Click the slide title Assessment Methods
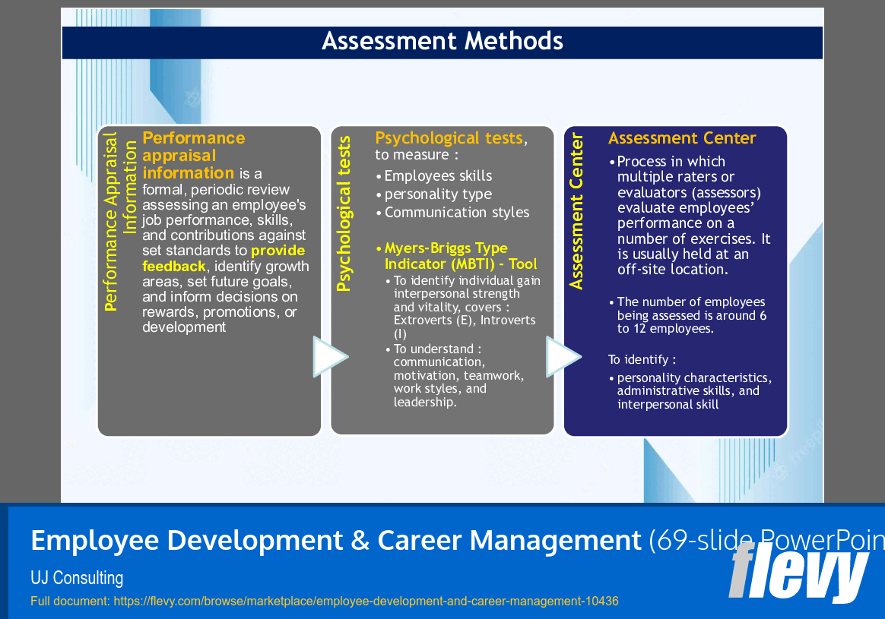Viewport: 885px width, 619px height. (x=442, y=41)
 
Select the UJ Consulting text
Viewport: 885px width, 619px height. (x=77, y=578)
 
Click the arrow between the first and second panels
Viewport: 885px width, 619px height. (x=329, y=357)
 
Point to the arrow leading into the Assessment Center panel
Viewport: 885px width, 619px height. (x=563, y=357)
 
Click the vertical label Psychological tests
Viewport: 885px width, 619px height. (x=344, y=214)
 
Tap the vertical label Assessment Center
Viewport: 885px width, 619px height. (x=577, y=211)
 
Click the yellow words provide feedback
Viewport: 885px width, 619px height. (x=224, y=258)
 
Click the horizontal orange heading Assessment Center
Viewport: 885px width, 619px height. (x=682, y=138)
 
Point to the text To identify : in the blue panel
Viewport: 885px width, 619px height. (x=642, y=359)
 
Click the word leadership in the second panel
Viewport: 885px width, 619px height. (x=424, y=403)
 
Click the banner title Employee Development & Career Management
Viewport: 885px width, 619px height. (x=336, y=541)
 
